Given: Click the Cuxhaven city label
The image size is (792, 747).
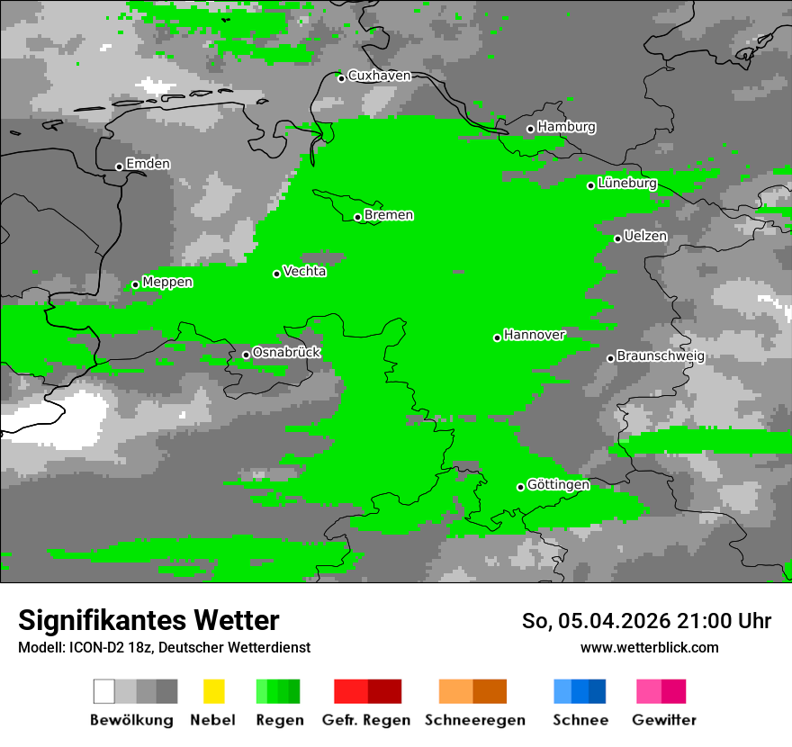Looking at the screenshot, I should click(379, 76).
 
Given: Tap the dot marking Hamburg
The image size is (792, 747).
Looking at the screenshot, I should click(531, 129).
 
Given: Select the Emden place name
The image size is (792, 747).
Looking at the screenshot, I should click(148, 164).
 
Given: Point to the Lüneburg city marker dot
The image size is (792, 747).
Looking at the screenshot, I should click(591, 185).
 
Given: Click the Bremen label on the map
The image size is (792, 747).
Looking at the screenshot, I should click(389, 215).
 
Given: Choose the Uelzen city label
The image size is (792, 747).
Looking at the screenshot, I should click(645, 236).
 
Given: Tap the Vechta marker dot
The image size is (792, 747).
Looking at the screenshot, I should click(277, 274).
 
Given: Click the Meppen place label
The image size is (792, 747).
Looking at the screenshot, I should click(167, 282).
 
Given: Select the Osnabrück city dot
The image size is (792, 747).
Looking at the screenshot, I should click(246, 355).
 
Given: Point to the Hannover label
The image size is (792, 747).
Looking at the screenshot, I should click(535, 335).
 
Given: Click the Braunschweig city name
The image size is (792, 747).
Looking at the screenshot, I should click(661, 355).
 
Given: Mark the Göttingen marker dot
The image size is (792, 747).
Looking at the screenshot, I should click(520, 487).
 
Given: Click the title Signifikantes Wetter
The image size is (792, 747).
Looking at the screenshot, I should click(148, 620).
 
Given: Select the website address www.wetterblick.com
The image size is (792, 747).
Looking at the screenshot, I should click(649, 647).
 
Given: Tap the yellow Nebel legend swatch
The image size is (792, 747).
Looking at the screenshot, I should click(213, 691).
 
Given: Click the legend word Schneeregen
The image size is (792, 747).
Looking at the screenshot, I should click(474, 720).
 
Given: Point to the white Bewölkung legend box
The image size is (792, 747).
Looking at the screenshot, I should click(104, 691).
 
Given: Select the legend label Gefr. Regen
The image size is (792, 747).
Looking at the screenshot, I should click(365, 720).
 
